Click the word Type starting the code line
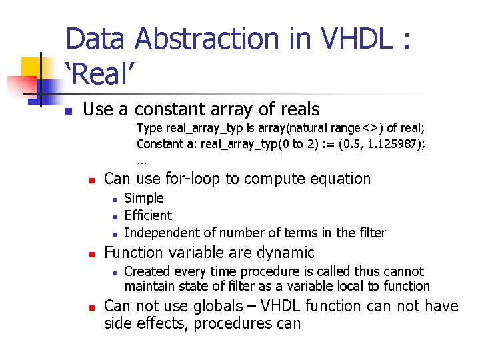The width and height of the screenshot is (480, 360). tap(149, 128)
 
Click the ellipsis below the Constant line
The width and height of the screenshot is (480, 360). tap(141, 160)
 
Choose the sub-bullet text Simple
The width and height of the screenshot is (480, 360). tap(143, 198)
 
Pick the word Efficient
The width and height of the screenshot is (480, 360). tap(148, 215)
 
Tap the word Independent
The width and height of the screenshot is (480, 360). tap(158, 233)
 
